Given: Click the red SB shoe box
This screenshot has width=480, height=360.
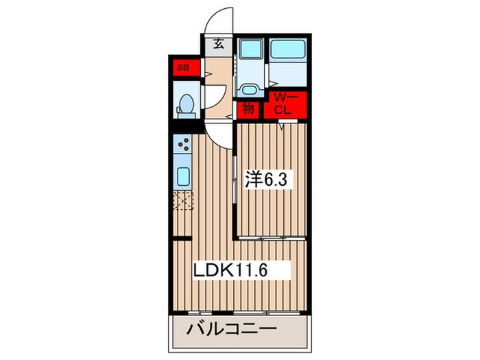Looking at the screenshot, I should coord(183,68).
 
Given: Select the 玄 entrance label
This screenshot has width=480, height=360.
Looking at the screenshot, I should coord(218,45).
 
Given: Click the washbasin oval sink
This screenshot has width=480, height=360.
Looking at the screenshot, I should coord(248,89).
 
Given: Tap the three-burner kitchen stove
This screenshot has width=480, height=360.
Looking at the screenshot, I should coord(183,144).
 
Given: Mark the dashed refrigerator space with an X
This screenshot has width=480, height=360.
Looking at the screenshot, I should coord(183,202).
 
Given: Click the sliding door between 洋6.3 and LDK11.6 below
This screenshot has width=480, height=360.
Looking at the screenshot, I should coord(272,238).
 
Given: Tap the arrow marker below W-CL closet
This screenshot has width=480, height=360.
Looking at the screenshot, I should coord(283,125).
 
